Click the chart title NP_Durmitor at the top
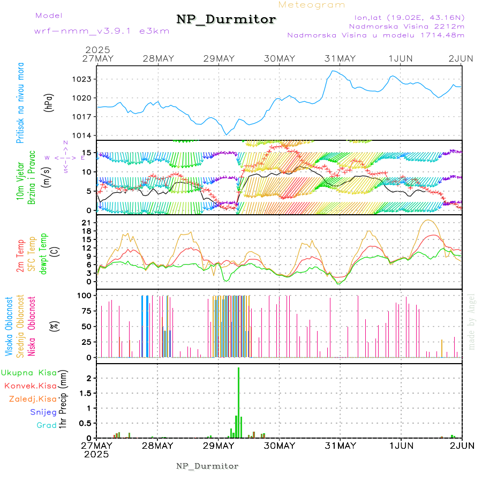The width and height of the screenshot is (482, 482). click(226, 20)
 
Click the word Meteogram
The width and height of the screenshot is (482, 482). click(312, 5)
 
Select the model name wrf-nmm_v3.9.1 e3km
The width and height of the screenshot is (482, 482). click(102, 31)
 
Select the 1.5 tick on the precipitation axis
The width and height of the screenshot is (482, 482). click(88, 393)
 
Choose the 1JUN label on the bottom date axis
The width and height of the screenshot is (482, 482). click(401, 446)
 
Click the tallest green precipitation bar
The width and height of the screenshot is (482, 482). click(238, 402)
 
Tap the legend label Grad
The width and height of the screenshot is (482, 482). click(47, 425)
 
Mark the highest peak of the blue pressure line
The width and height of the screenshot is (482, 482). click(334, 71)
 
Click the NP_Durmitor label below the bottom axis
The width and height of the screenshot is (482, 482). click(207, 466)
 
